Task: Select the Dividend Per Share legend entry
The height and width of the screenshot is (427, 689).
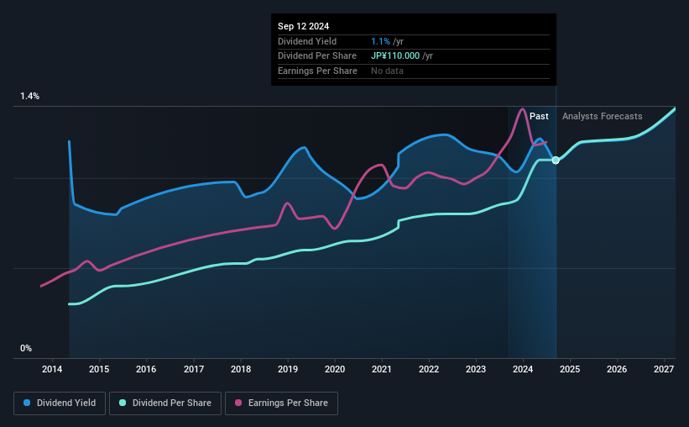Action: coord(168,403)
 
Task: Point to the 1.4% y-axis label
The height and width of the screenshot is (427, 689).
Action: coord(29,97)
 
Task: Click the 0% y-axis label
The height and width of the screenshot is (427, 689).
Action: coord(25,348)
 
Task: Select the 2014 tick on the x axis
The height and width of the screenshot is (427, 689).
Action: coord(52,369)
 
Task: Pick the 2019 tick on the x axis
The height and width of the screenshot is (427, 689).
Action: coord(288,369)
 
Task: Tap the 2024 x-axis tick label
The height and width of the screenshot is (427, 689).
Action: coord(523,369)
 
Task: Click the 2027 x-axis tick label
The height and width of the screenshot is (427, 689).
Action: coord(664,369)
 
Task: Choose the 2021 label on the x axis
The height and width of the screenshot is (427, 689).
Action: coord(382,369)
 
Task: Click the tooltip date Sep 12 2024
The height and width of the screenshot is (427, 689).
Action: coord(303,25)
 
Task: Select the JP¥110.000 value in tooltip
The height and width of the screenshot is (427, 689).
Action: coord(398,55)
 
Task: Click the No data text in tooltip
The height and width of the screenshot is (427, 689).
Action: coord(388,71)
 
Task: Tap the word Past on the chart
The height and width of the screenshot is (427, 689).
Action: coord(539,116)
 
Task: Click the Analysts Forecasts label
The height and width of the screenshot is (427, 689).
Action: coord(602,116)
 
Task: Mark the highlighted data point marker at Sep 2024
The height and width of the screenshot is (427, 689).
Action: coord(556,160)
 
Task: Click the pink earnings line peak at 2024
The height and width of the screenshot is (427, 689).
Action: coord(523,109)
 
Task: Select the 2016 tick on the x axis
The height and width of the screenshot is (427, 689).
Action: coord(146,369)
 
